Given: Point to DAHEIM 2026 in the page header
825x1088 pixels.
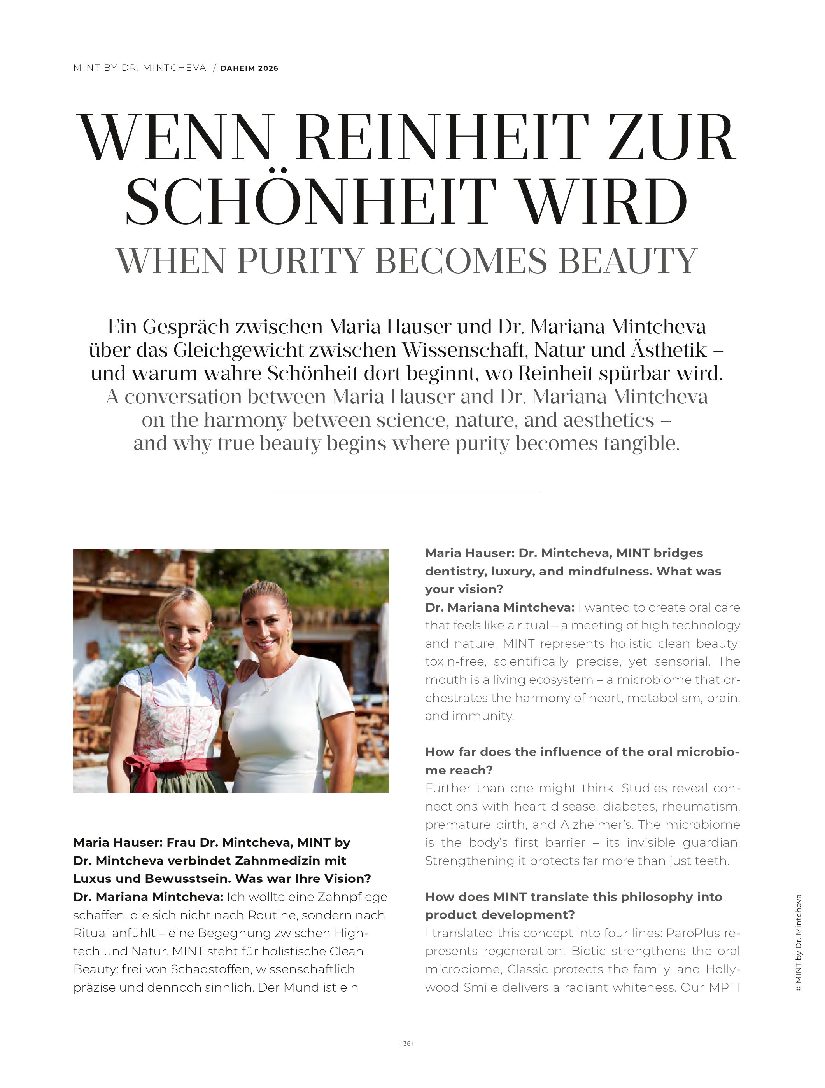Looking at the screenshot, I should pyautogui.click(x=249, y=68).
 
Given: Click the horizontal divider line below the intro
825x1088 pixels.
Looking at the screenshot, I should pyautogui.click(x=406, y=492).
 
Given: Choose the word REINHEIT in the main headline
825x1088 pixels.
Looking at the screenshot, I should pyautogui.click(x=441, y=138).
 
